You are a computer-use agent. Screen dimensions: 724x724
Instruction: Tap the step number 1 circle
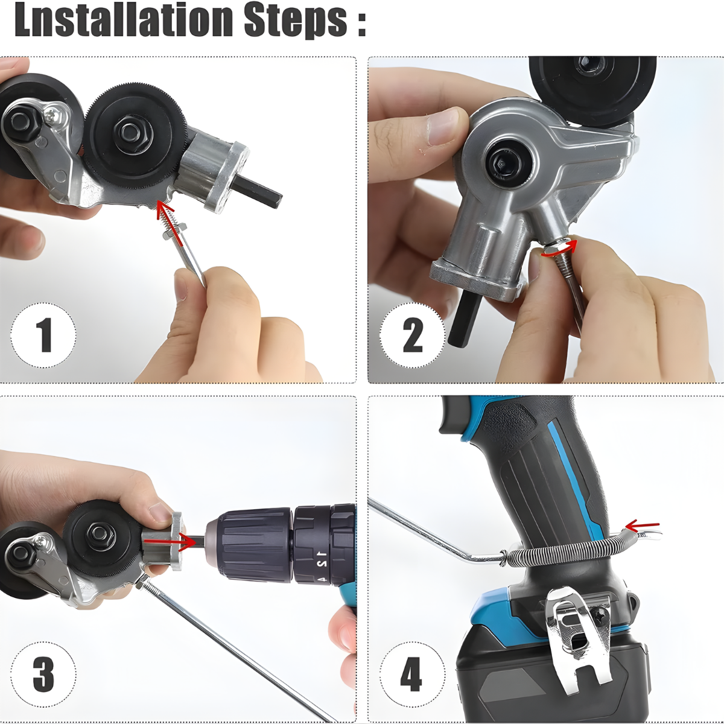coord(43,335)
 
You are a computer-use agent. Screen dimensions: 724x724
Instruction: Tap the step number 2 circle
coord(412,335)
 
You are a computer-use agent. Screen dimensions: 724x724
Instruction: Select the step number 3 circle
coord(43,674)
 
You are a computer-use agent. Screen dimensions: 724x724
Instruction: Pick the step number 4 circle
coord(412,674)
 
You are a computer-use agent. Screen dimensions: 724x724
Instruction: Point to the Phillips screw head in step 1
coord(55,113)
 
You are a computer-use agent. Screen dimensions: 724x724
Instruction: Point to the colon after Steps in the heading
coord(361,22)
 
